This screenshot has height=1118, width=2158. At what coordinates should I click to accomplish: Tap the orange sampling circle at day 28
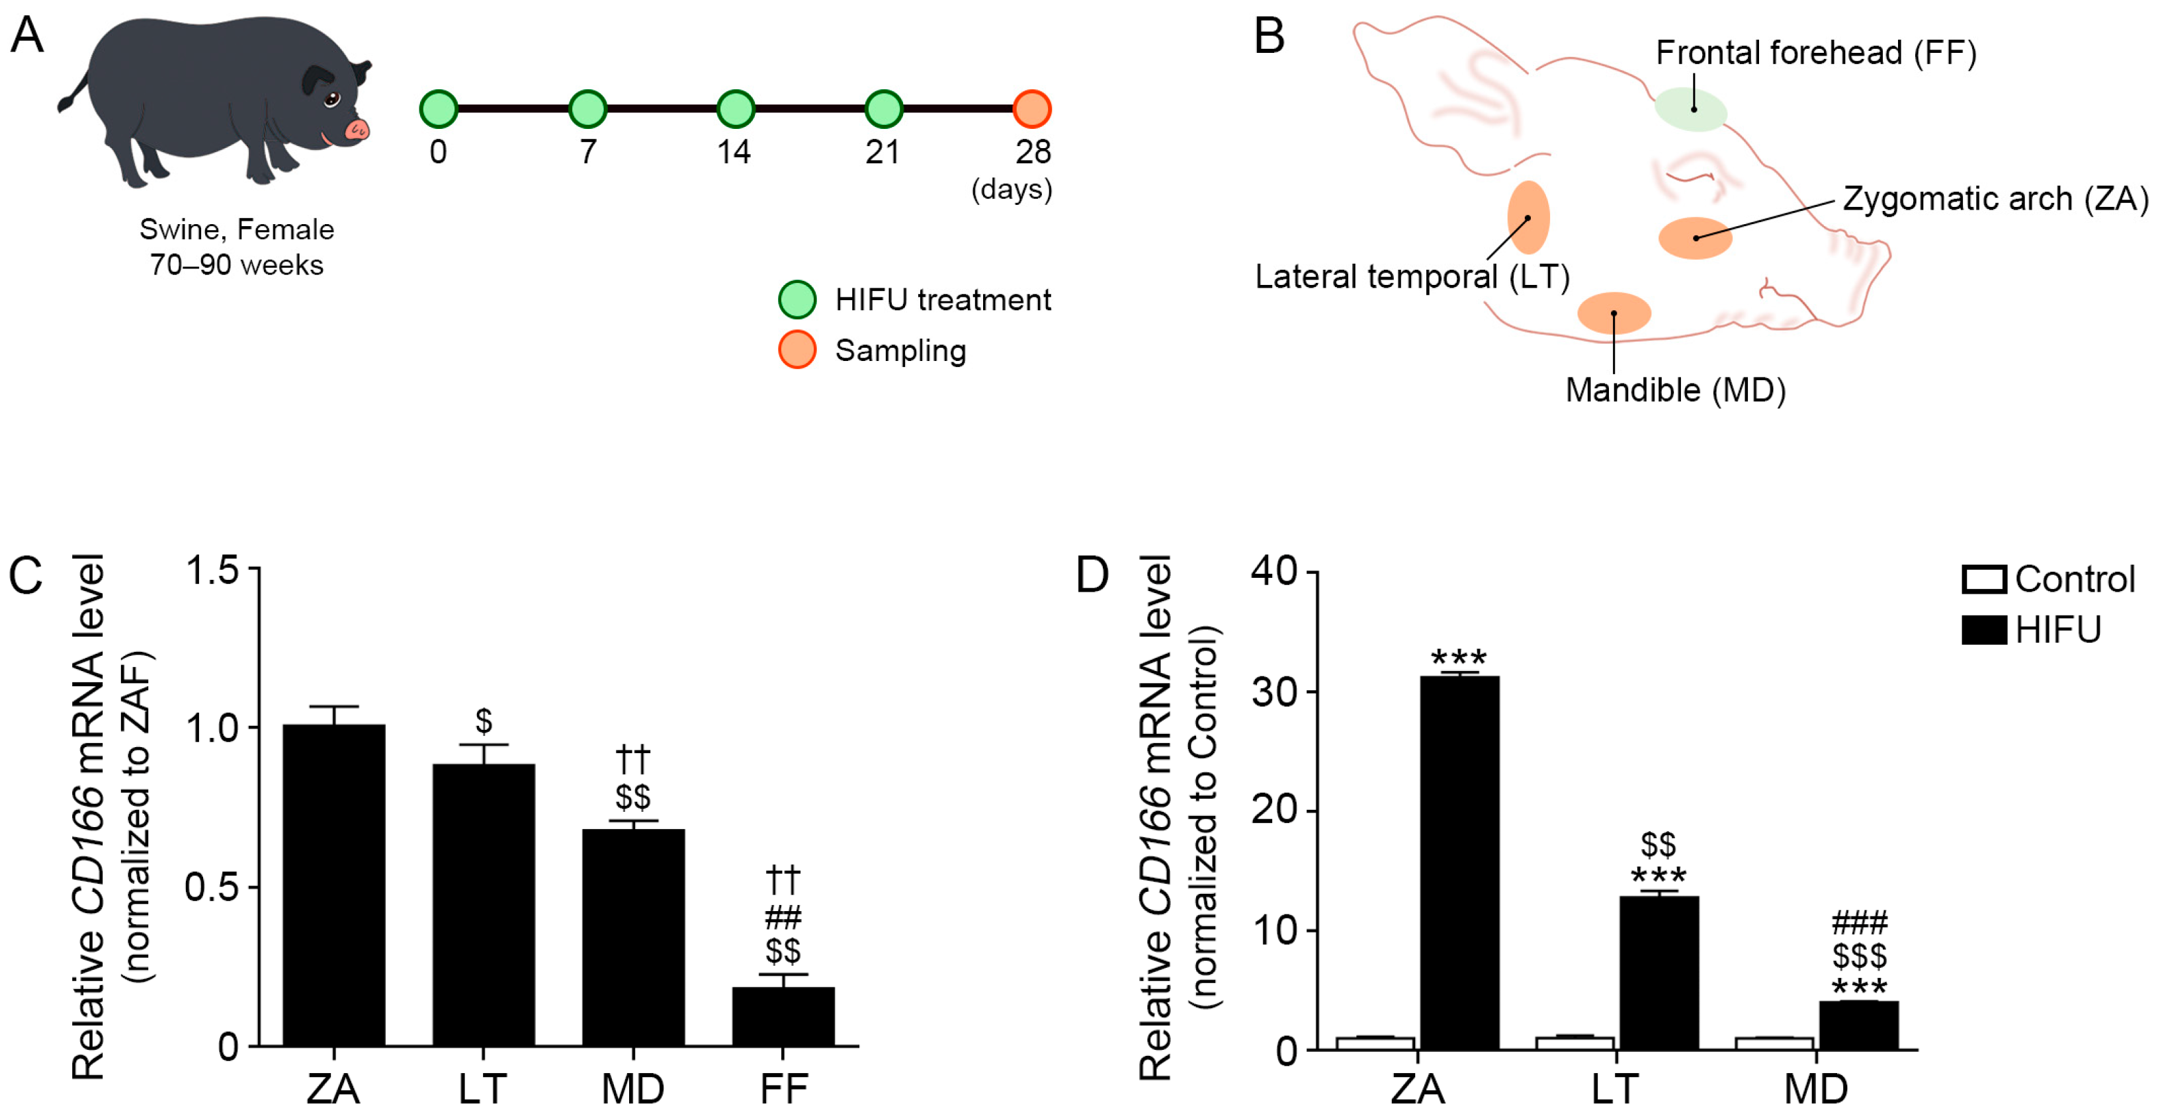[1031, 109]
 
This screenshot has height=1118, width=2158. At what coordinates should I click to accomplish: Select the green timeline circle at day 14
[736, 109]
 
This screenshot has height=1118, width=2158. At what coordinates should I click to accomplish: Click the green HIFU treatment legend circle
[797, 299]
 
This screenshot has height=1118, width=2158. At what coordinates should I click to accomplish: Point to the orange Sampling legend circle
[797, 350]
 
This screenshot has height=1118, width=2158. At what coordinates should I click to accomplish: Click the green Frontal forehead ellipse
[1690, 110]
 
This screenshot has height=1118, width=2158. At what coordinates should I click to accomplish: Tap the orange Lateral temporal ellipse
[1528, 218]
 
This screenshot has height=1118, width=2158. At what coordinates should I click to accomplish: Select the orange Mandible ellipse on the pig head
[1614, 313]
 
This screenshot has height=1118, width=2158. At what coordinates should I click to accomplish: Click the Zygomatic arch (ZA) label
[1995, 199]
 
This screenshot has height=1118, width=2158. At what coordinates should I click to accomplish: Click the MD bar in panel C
[632, 938]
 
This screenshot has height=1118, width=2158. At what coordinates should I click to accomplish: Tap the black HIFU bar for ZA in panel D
[1459, 863]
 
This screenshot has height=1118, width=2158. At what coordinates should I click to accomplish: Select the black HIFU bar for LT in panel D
[1659, 971]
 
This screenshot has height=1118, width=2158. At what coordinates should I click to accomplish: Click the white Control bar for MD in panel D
[1774, 1043]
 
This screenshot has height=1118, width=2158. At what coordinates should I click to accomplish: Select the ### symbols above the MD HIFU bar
[1859, 923]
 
